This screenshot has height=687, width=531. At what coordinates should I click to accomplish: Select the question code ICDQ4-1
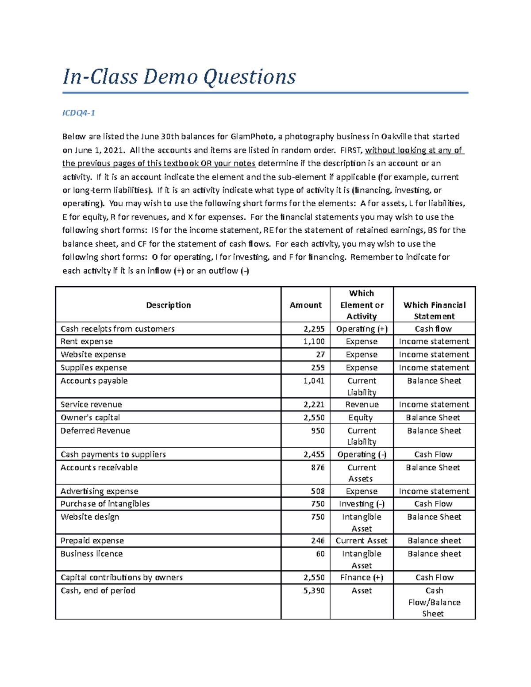pos(79,113)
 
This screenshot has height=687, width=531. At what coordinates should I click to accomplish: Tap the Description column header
pos(168,305)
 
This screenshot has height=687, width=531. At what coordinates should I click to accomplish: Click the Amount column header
pos(305,305)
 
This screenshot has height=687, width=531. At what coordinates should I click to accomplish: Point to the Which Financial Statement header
pos(434,311)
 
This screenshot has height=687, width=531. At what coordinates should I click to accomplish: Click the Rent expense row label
pos(87,342)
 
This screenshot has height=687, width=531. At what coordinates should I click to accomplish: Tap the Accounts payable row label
pos(94,380)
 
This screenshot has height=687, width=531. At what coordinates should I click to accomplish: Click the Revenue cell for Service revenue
pos(362,404)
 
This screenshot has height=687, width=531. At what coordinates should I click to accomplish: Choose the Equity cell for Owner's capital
pos(361,418)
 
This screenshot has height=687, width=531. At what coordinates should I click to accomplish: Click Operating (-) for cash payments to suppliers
pos(362,454)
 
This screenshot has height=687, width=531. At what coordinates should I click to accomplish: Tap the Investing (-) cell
pos(362,504)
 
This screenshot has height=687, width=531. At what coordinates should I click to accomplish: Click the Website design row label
pos(90,517)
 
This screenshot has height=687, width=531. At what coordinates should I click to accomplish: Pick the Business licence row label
pos(92,553)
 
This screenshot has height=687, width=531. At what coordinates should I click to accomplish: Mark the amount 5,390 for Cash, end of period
pos(314,591)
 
